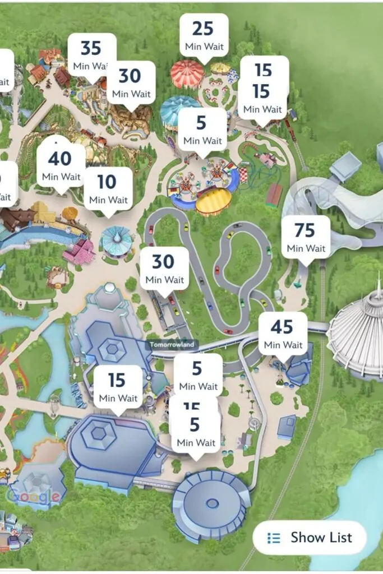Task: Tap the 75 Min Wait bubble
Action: (x=306, y=237)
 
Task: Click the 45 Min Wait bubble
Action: (x=283, y=334)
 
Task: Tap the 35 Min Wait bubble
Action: (x=91, y=54)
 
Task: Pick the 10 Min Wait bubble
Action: (x=108, y=188)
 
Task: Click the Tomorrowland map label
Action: (x=173, y=345)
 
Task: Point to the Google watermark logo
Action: (x=34, y=496)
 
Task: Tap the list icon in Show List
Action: (x=274, y=538)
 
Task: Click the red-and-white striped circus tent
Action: (x=188, y=75)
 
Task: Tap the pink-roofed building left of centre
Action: (x=79, y=252)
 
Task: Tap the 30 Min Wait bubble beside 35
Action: (x=131, y=83)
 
